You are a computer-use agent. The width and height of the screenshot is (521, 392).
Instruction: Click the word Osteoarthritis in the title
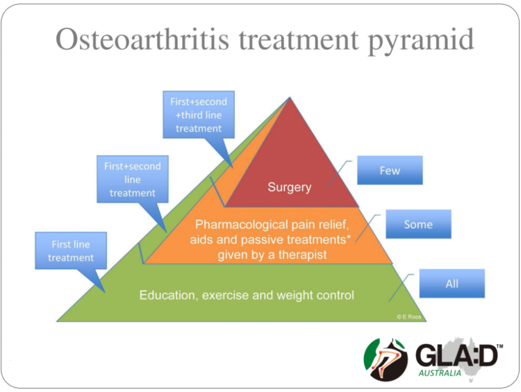click(x=143, y=40)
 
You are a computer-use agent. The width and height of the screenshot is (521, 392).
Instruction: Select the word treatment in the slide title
click(x=298, y=40)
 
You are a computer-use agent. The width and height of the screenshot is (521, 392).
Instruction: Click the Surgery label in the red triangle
click(x=289, y=187)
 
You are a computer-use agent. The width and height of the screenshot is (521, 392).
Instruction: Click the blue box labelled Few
click(x=390, y=171)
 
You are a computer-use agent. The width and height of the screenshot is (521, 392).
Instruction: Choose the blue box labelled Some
click(x=418, y=224)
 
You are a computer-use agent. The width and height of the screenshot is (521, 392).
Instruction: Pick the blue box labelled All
click(x=452, y=284)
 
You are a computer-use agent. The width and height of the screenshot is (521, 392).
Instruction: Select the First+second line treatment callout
click(x=132, y=180)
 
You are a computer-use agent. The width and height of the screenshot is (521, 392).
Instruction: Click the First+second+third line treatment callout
click(x=198, y=115)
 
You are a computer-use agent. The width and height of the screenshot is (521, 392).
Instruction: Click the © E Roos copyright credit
click(x=408, y=316)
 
